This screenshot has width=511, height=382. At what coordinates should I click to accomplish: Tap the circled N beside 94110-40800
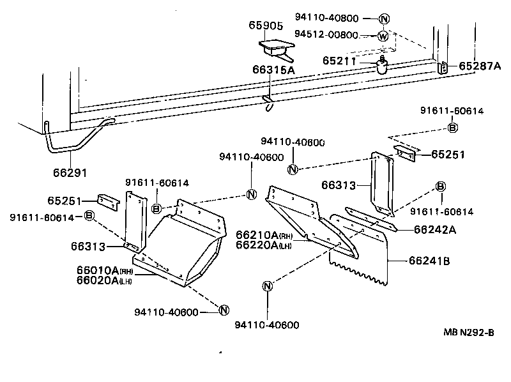383,19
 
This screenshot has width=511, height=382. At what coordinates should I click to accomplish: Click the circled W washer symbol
383,36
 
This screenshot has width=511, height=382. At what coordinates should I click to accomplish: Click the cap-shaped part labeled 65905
275,47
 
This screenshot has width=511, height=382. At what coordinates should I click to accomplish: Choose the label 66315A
273,70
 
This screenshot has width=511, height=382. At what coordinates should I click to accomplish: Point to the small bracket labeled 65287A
443,66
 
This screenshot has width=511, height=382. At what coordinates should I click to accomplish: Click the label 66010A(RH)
104,271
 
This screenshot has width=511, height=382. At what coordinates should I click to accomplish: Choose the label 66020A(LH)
104,281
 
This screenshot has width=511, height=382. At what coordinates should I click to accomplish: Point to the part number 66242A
434,229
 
